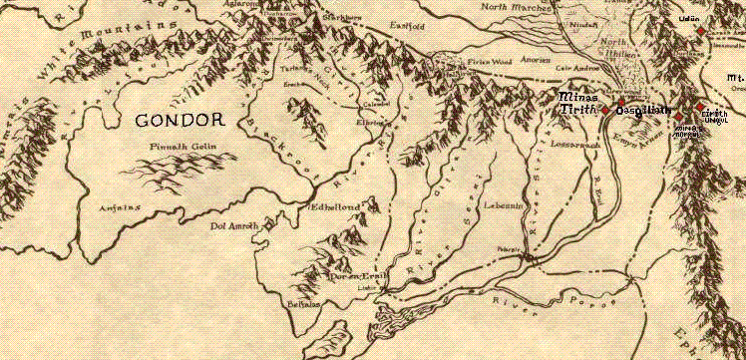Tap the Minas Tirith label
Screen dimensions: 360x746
(x=577, y=103)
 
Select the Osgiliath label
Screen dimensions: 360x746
(x=641, y=110)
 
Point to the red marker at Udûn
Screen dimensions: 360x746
(x=701, y=31)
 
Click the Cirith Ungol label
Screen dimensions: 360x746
(x=714, y=118)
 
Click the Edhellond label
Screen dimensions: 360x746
(x=329, y=207)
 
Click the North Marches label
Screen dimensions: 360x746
(x=510, y=8)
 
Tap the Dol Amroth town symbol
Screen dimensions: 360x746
(x=266, y=226)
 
